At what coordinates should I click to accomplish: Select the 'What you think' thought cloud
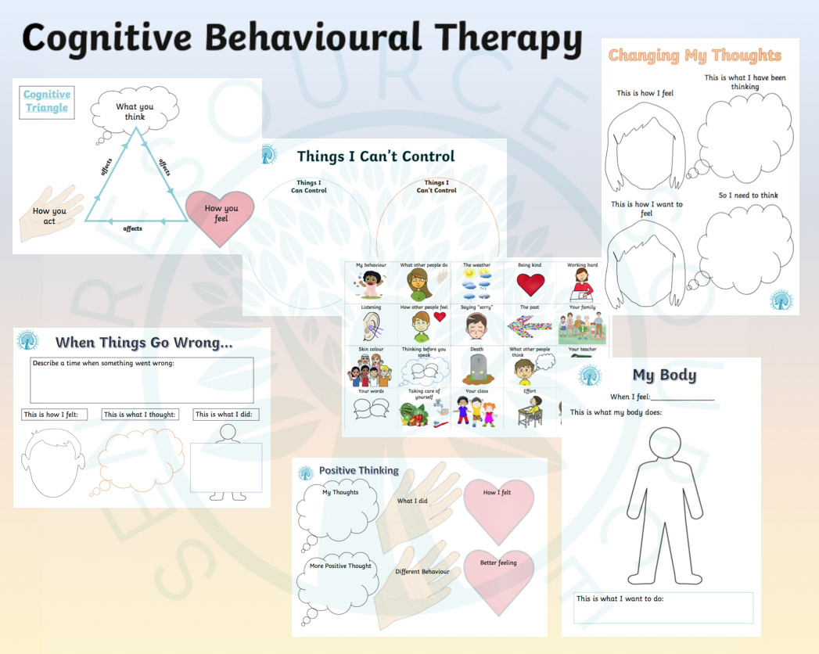[135, 112]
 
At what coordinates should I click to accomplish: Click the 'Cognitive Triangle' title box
[47, 102]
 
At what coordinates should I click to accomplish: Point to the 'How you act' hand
[51, 214]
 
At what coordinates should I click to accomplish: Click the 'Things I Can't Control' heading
[375, 156]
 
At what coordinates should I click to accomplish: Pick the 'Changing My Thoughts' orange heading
[695, 56]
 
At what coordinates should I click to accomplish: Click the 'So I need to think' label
[748, 196]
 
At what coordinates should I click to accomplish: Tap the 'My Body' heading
[663, 375]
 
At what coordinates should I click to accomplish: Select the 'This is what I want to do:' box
[663, 608]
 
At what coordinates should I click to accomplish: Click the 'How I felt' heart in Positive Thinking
[498, 508]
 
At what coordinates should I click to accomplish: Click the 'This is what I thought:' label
[141, 415]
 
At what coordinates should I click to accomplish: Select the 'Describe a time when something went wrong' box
[142, 379]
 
